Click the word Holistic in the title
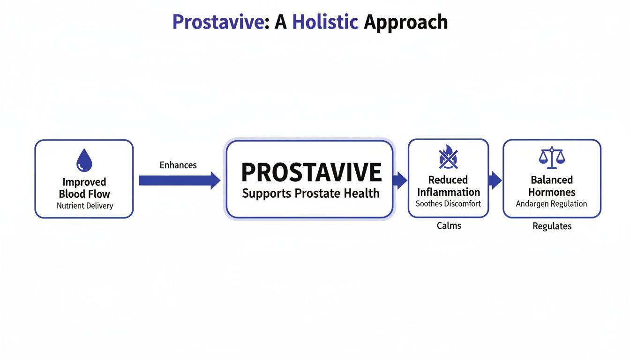pos(325,22)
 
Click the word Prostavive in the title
pos(217,22)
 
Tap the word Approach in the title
pos(405,22)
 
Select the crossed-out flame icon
pos(448,158)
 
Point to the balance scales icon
pos(552,158)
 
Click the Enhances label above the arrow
pos(178,165)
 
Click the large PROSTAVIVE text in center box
pos(311,172)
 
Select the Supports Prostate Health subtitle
pos(311,193)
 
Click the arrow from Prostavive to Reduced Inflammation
pos(400,180)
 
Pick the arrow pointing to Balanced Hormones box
pos(495,180)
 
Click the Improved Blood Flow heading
pos(84,187)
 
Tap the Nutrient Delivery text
pos(85,206)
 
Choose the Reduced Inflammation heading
pos(448,186)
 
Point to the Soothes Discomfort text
pos(448,204)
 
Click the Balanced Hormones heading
pos(552,186)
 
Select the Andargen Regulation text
pos(551,204)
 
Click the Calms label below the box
pos(449,226)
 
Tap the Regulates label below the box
pos(552,226)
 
